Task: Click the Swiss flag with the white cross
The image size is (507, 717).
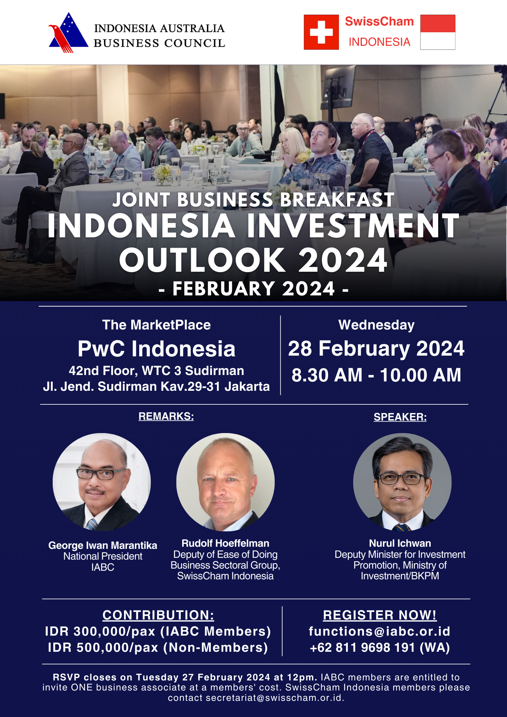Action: pyautogui.click(x=321, y=32)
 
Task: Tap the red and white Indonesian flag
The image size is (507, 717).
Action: pyautogui.click(x=438, y=32)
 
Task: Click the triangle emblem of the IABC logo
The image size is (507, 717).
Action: pyautogui.click(x=68, y=33)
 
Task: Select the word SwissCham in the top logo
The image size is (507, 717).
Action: pyautogui.click(x=379, y=22)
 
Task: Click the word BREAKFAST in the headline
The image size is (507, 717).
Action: pyautogui.click(x=337, y=200)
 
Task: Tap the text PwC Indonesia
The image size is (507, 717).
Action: pyautogui.click(x=157, y=349)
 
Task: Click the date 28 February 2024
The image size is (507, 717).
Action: pyautogui.click(x=376, y=348)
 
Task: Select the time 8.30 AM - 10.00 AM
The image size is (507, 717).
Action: pyautogui.click(x=376, y=375)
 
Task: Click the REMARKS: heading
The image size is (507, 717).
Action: pyautogui.click(x=166, y=416)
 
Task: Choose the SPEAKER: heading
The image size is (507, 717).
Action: pyautogui.click(x=400, y=417)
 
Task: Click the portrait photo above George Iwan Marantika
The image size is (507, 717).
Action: pyautogui.click(x=102, y=482)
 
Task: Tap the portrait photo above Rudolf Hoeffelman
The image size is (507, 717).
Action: pyautogui.click(x=226, y=482)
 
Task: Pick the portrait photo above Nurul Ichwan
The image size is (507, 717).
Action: pyautogui.click(x=402, y=482)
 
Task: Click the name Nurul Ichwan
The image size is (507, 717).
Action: pyautogui.click(x=400, y=543)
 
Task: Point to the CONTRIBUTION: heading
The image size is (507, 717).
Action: pyautogui.click(x=158, y=615)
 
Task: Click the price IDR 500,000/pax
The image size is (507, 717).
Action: pyautogui.click(x=103, y=648)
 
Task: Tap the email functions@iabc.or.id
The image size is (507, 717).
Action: pyautogui.click(x=380, y=631)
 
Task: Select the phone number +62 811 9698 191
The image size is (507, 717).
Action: pyautogui.click(x=363, y=648)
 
